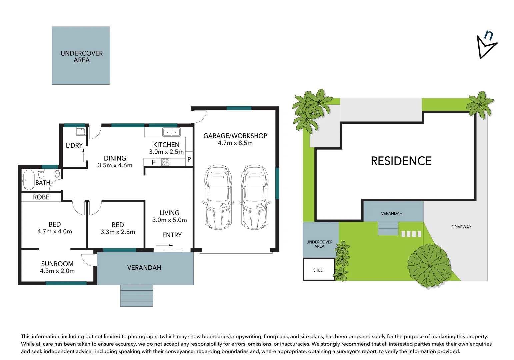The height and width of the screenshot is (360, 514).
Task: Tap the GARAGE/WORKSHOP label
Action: point(235,136)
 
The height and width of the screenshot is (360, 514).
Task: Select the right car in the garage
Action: point(254,197)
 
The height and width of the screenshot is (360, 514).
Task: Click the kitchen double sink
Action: point(171,132)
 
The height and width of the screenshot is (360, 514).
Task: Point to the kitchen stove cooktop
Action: point(165,162)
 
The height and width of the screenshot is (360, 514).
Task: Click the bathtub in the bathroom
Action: point(28,180)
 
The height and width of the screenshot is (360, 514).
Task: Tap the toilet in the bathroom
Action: point(41,174)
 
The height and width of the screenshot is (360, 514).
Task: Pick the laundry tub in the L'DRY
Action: point(81,131)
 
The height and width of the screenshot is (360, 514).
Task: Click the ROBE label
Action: point(41,197)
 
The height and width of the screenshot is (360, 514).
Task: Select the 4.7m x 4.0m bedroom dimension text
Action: point(55,232)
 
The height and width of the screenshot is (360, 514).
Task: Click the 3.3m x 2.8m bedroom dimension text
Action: point(118,232)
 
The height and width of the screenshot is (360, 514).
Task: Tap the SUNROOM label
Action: point(57,264)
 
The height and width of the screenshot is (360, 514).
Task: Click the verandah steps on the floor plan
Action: point(137,296)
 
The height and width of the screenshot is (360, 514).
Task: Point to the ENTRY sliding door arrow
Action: point(164,246)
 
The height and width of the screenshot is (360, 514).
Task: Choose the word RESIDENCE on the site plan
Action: point(401,161)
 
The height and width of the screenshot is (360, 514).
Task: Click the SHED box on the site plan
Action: point(318,270)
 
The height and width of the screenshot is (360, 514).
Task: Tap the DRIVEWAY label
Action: point(461,227)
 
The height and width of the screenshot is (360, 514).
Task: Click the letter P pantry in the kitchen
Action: point(189,160)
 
